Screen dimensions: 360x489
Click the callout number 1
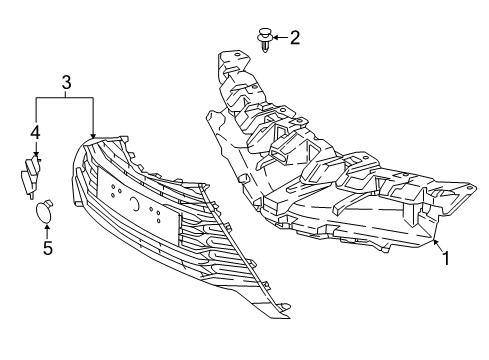pyautogui.click(x=448, y=258)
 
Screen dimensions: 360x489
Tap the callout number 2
pyautogui.click(x=294, y=39)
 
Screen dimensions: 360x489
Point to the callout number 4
pyautogui.click(x=34, y=131)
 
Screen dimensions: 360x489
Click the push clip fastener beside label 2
pyautogui.click(x=265, y=41)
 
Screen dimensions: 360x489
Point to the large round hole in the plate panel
pyautogui.click(x=134, y=204)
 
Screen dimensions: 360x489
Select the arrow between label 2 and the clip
pyautogui.click(x=280, y=39)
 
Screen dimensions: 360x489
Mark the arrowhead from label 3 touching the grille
pyautogui.click(x=93, y=135)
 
